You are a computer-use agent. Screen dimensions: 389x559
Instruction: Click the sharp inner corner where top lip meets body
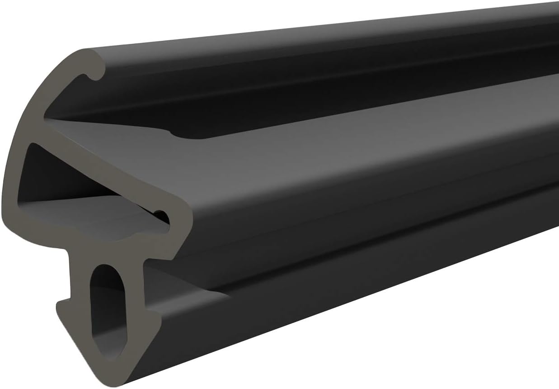(x=45, y=119)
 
